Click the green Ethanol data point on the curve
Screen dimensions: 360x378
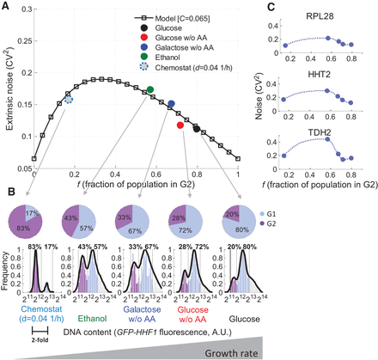pyautogui.click(x=150, y=89)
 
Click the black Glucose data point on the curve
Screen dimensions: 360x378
pyautogui.click(x=197, y=128)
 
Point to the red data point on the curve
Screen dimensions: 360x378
pyautogui.click(x=180, y=125)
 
